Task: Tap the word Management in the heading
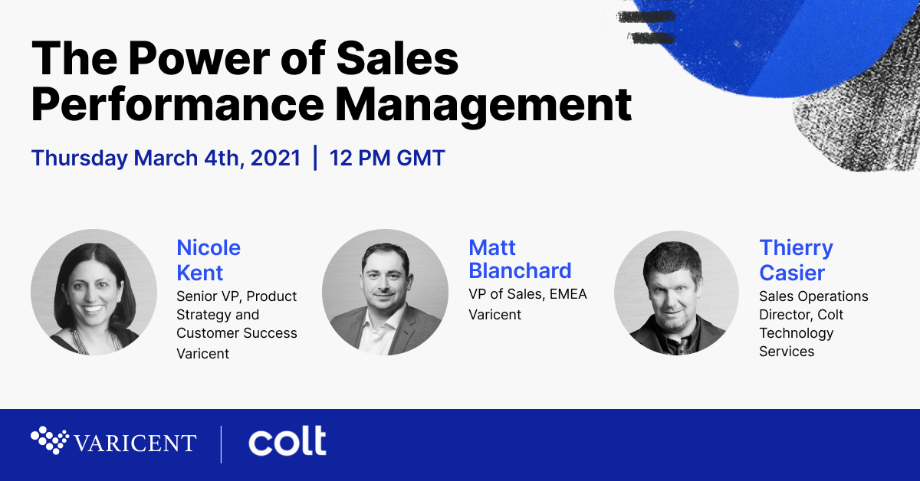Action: point(484,105)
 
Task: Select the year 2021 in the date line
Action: point(275,158)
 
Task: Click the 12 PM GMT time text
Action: point(387,158)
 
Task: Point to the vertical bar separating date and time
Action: point(315,158)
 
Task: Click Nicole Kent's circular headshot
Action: point(94,293)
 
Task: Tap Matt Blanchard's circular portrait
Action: point(385,293)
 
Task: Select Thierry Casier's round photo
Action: point(676,293)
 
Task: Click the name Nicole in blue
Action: point(209,247)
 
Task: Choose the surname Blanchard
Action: point(520,270)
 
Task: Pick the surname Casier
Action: point(792,273)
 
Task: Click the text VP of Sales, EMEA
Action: point(527,294)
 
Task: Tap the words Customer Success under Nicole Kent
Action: point(237,333)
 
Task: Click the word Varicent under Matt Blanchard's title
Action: point(495,314)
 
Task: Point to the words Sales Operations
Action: point(813,296)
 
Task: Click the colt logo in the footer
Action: point(287,440)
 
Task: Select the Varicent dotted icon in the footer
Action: point(50,440)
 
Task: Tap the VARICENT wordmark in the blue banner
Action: point(135,443)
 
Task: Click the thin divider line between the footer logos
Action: point(222,444)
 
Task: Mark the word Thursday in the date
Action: point(80,159)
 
